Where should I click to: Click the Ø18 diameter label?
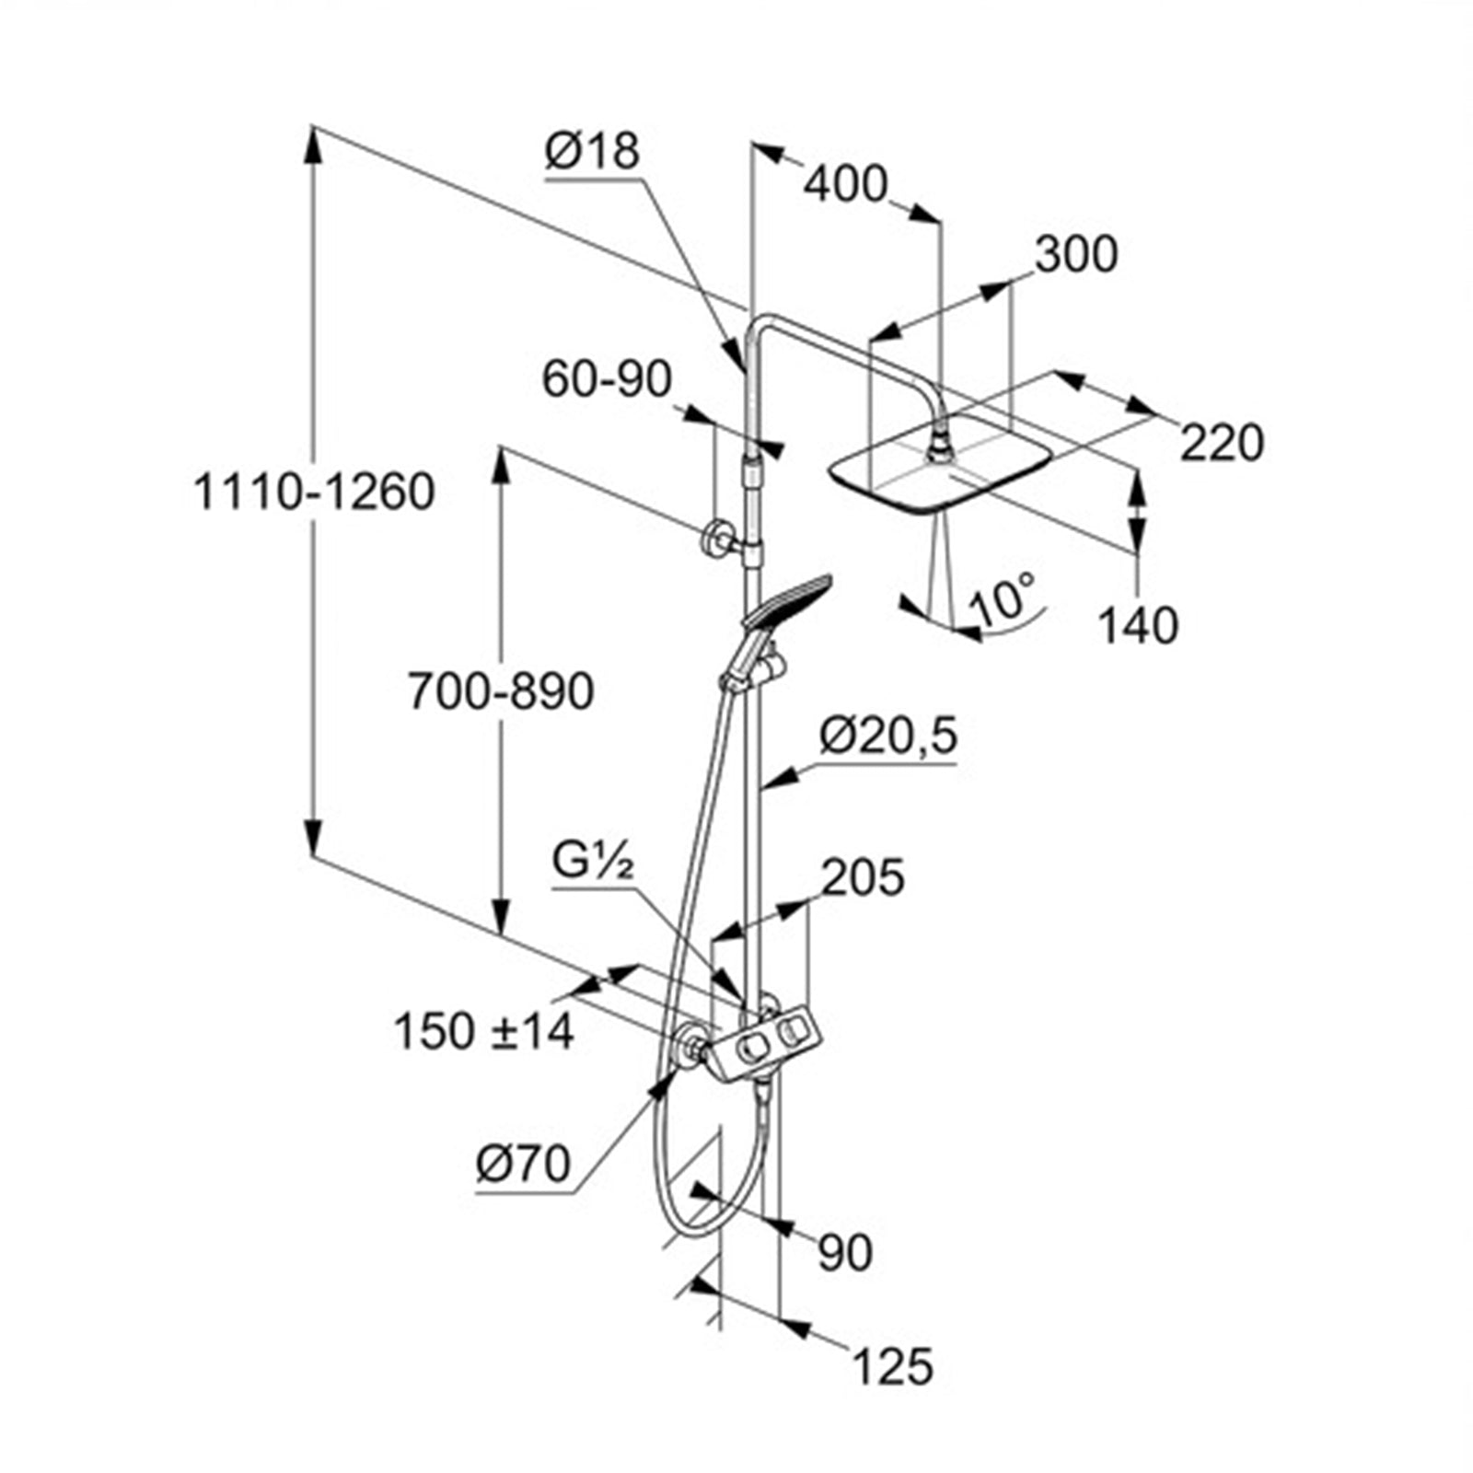tap(591, 152)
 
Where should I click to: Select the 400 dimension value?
tap(845, 185)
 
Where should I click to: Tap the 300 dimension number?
tap(1075, 255)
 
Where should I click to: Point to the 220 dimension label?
tap(1222, 444)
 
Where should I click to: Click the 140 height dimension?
tap(1138, 626)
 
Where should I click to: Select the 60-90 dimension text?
tap(607, 379)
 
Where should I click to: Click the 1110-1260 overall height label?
tap(314, 493)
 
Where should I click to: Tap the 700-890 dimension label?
tap(501, 691)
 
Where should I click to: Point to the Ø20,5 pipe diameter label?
tap(888, 736)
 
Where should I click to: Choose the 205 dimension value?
tap(862, 877)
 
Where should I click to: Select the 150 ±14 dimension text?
tap(484, 1032)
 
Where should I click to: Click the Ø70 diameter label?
tap(523, 1165)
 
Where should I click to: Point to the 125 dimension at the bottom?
tap(892, 1366)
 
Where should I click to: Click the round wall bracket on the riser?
tap(715, 539)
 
